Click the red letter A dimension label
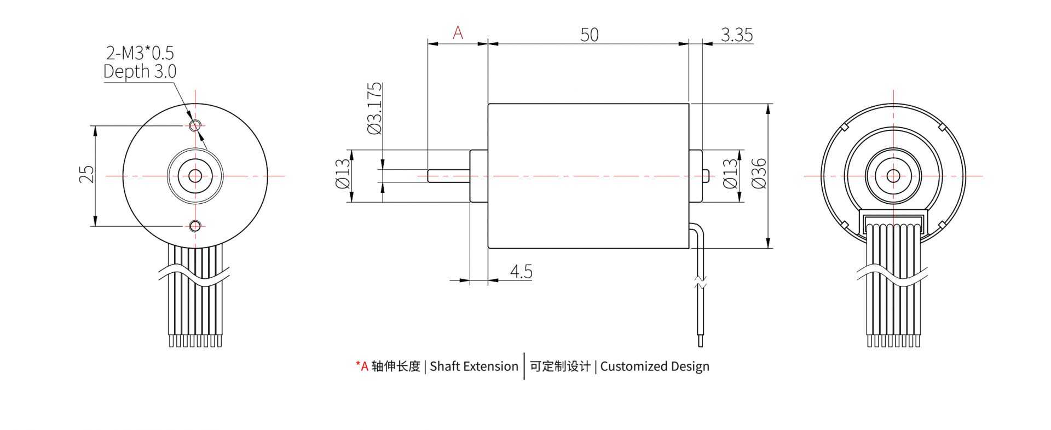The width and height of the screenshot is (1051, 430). (458, 33)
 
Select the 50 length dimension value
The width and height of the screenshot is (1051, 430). (589, 35)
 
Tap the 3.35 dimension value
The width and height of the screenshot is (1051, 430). (736, 35)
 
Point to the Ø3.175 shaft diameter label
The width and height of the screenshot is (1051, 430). (375, 108)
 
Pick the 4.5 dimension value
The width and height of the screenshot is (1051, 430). (521, 271)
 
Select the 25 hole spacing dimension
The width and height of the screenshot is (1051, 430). (86, 174)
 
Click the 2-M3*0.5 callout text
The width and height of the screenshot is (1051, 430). (140, 53)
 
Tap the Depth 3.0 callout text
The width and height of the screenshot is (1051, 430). (140, 71)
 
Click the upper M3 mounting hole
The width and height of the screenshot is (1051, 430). (195, 126)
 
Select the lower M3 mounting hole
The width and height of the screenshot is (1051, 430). (195, 225)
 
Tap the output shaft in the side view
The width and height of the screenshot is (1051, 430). (448, 176)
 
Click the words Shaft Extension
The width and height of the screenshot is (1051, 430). (473, 366)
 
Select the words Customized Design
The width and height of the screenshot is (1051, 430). (654, 366)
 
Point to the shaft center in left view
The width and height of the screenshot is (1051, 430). (195, 176)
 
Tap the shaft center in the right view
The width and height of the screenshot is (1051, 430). (893, 176)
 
